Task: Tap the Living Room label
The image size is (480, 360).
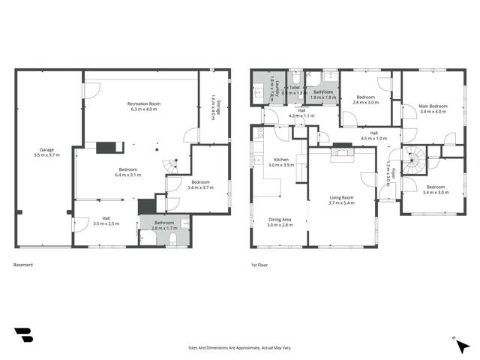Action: point(340,200)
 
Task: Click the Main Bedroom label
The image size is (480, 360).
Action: point(433,109)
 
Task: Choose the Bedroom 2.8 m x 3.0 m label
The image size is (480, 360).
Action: point(366,100)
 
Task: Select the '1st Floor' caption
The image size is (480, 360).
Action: point(260,265)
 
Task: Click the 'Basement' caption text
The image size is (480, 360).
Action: point(24,265)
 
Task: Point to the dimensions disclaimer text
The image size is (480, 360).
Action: point(240,348)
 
